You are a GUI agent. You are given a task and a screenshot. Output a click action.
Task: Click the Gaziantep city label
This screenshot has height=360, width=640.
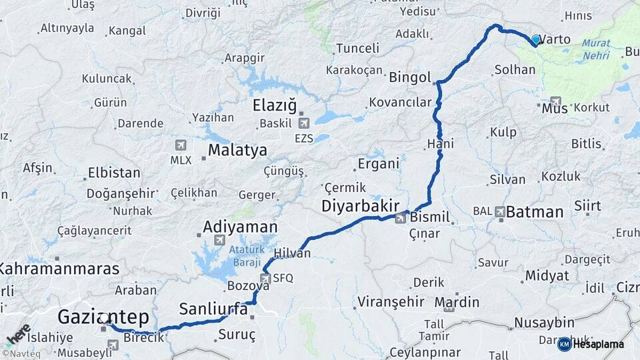(103, 316)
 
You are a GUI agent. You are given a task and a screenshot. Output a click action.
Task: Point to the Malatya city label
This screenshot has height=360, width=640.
(237, 150)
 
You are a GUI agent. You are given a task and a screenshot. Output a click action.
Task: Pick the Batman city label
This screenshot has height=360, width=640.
(535, 212)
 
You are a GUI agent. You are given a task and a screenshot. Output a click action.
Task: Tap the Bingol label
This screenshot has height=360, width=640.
(410, 77)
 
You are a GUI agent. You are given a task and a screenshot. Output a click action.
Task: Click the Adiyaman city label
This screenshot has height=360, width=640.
(240, 227)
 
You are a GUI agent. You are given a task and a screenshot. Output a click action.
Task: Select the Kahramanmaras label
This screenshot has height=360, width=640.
(59, 269)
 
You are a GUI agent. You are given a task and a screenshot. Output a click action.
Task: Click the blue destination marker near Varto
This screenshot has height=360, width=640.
(536, 40)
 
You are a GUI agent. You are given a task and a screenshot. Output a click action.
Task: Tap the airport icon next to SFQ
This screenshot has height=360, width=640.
(266, 277)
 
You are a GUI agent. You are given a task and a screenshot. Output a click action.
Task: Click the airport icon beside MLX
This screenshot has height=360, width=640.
(181, 145)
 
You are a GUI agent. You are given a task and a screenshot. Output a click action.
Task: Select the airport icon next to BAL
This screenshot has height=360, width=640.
(501, 211)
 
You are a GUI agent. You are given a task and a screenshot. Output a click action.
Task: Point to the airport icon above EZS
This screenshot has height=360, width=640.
(305, 123)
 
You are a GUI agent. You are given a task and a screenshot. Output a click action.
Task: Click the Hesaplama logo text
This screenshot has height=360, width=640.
(598, 345)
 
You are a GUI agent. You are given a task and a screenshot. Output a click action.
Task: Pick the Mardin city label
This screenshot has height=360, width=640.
(457, 302)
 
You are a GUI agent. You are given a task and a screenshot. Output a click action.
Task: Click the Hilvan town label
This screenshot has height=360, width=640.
(293, 253)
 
